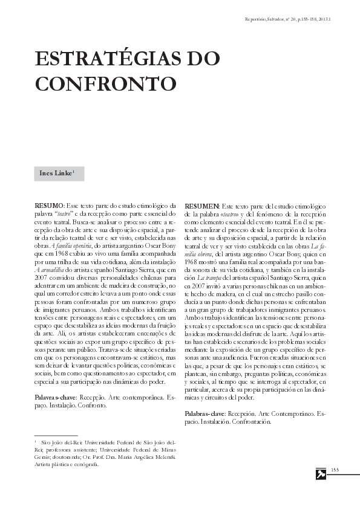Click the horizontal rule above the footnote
(56, 435)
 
